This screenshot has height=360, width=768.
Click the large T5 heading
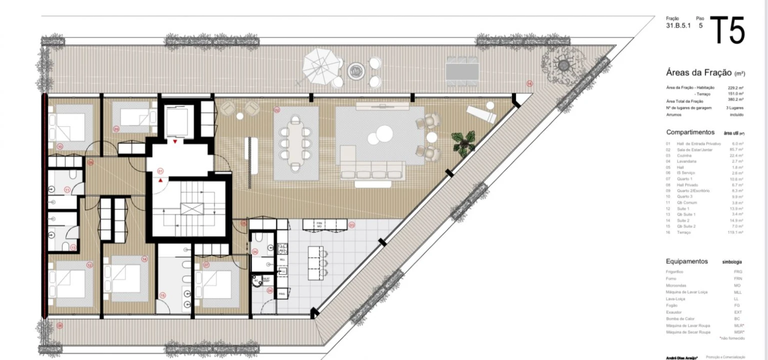[x=727, y=31]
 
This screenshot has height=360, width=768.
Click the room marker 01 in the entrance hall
[x=160, y=171]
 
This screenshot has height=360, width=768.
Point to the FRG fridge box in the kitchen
[x=282, y=294]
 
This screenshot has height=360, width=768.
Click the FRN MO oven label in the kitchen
[x=318, y=224]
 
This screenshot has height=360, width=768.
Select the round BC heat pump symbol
[x=256, y=280]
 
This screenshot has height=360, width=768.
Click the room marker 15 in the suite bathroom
[x=162, y=295]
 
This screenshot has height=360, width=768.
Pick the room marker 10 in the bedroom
[x=59, y=146]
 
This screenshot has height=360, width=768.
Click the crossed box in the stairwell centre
[x=188, y=208]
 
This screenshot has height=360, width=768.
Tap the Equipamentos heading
[x=686, y=261]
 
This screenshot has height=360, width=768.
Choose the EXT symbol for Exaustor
[x=738, y=312]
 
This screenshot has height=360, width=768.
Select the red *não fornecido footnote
[x=731, y=338]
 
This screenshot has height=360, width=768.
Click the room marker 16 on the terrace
[x=529, y=83]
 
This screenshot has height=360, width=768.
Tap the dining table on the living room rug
[x=295, y=142]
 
